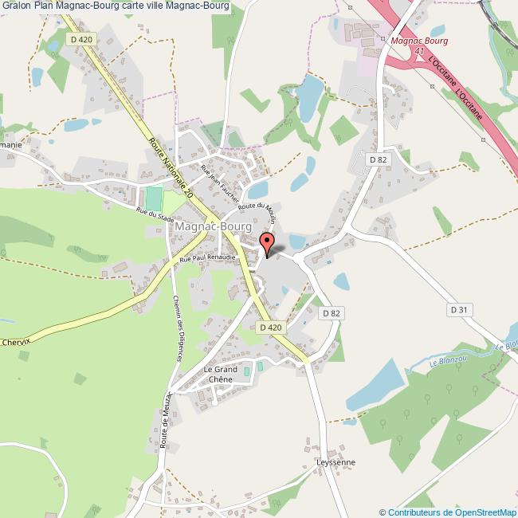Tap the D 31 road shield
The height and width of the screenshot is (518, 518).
(458, 309)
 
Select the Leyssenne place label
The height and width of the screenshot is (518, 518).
(336, 462)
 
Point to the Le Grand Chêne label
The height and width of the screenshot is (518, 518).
(221, 375)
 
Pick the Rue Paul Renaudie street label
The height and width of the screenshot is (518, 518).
(207, 258)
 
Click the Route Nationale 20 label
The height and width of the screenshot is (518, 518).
(171, 168)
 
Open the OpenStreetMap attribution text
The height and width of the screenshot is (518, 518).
(447, 512)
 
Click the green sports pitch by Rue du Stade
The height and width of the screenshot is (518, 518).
(154, 198)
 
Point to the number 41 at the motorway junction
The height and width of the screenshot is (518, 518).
(418, 50)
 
